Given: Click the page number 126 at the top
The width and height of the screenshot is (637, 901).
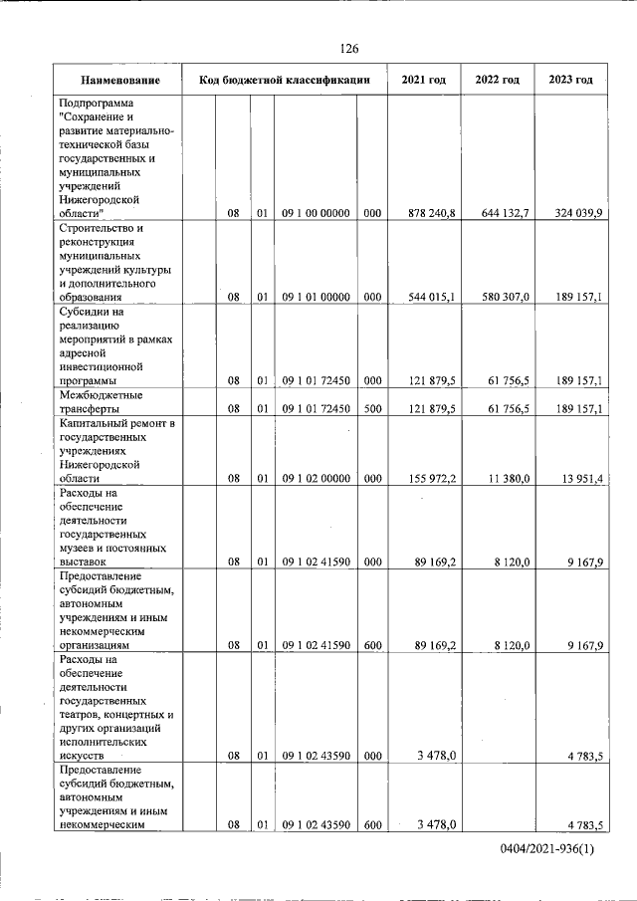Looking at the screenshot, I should [348, 49].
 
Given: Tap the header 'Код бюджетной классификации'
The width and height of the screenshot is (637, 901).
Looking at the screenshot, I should [285, 80].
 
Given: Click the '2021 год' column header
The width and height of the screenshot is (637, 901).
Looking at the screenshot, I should [423, 80].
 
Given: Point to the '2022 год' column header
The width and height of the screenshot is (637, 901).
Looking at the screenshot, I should [497, 80].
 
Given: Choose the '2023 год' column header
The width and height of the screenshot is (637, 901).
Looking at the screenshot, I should [569, 80].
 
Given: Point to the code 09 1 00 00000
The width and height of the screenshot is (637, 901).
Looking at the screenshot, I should [316, 213].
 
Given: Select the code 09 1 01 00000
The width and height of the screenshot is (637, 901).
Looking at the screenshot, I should [316, 297].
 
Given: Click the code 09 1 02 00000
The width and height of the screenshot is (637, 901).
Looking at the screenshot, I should [316, 478].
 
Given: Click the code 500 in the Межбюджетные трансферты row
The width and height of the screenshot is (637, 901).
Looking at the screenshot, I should [372, 408].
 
